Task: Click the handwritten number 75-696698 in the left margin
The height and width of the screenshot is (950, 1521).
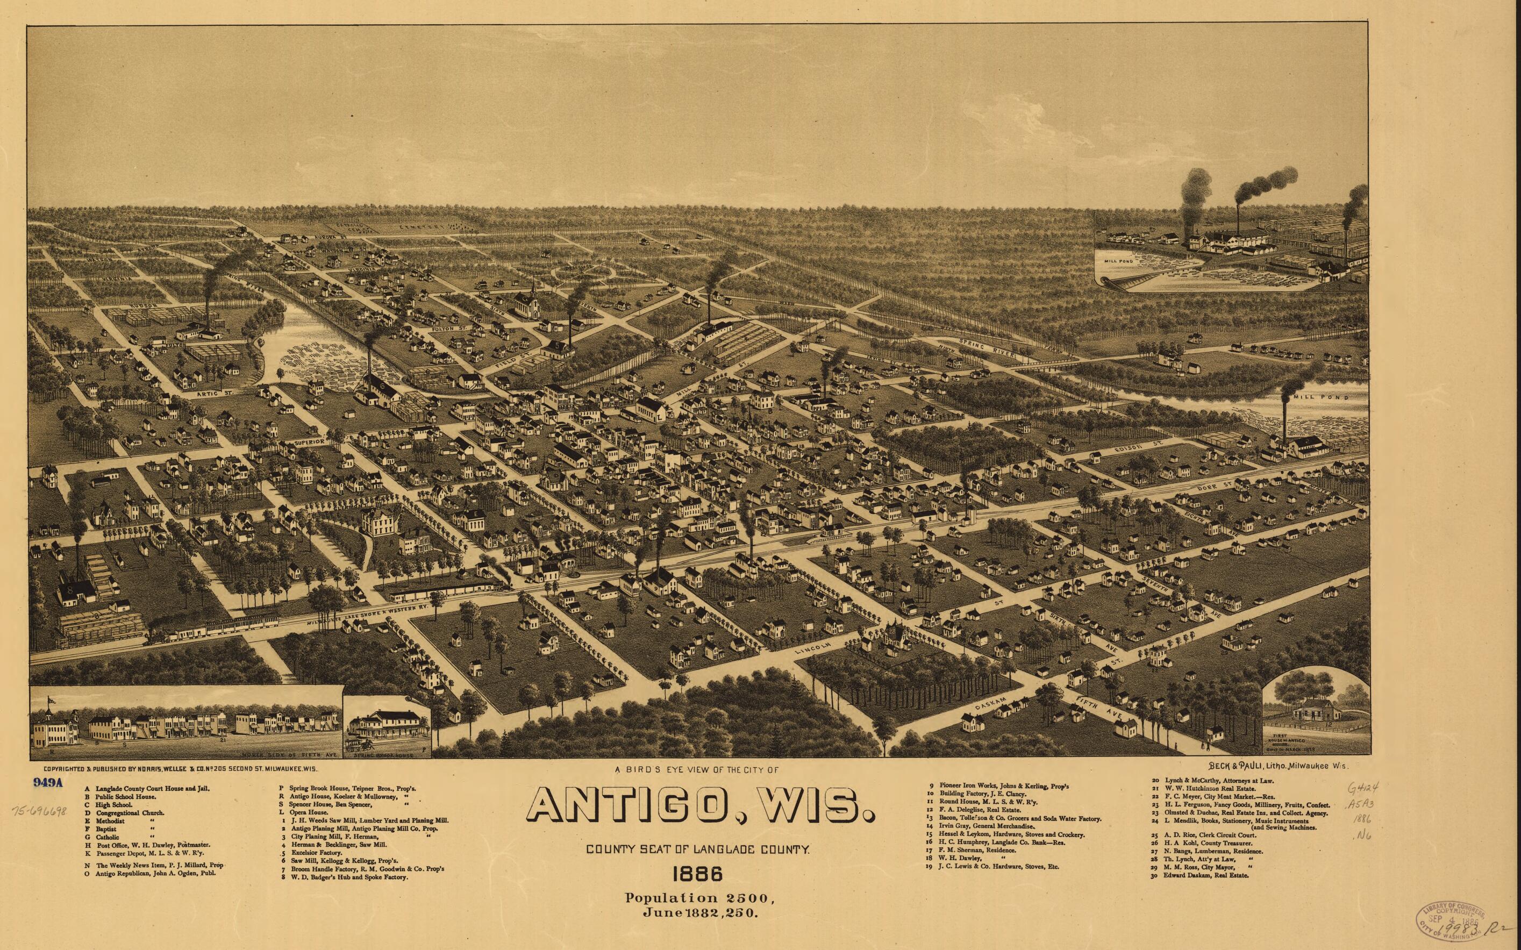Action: [39, 812]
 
